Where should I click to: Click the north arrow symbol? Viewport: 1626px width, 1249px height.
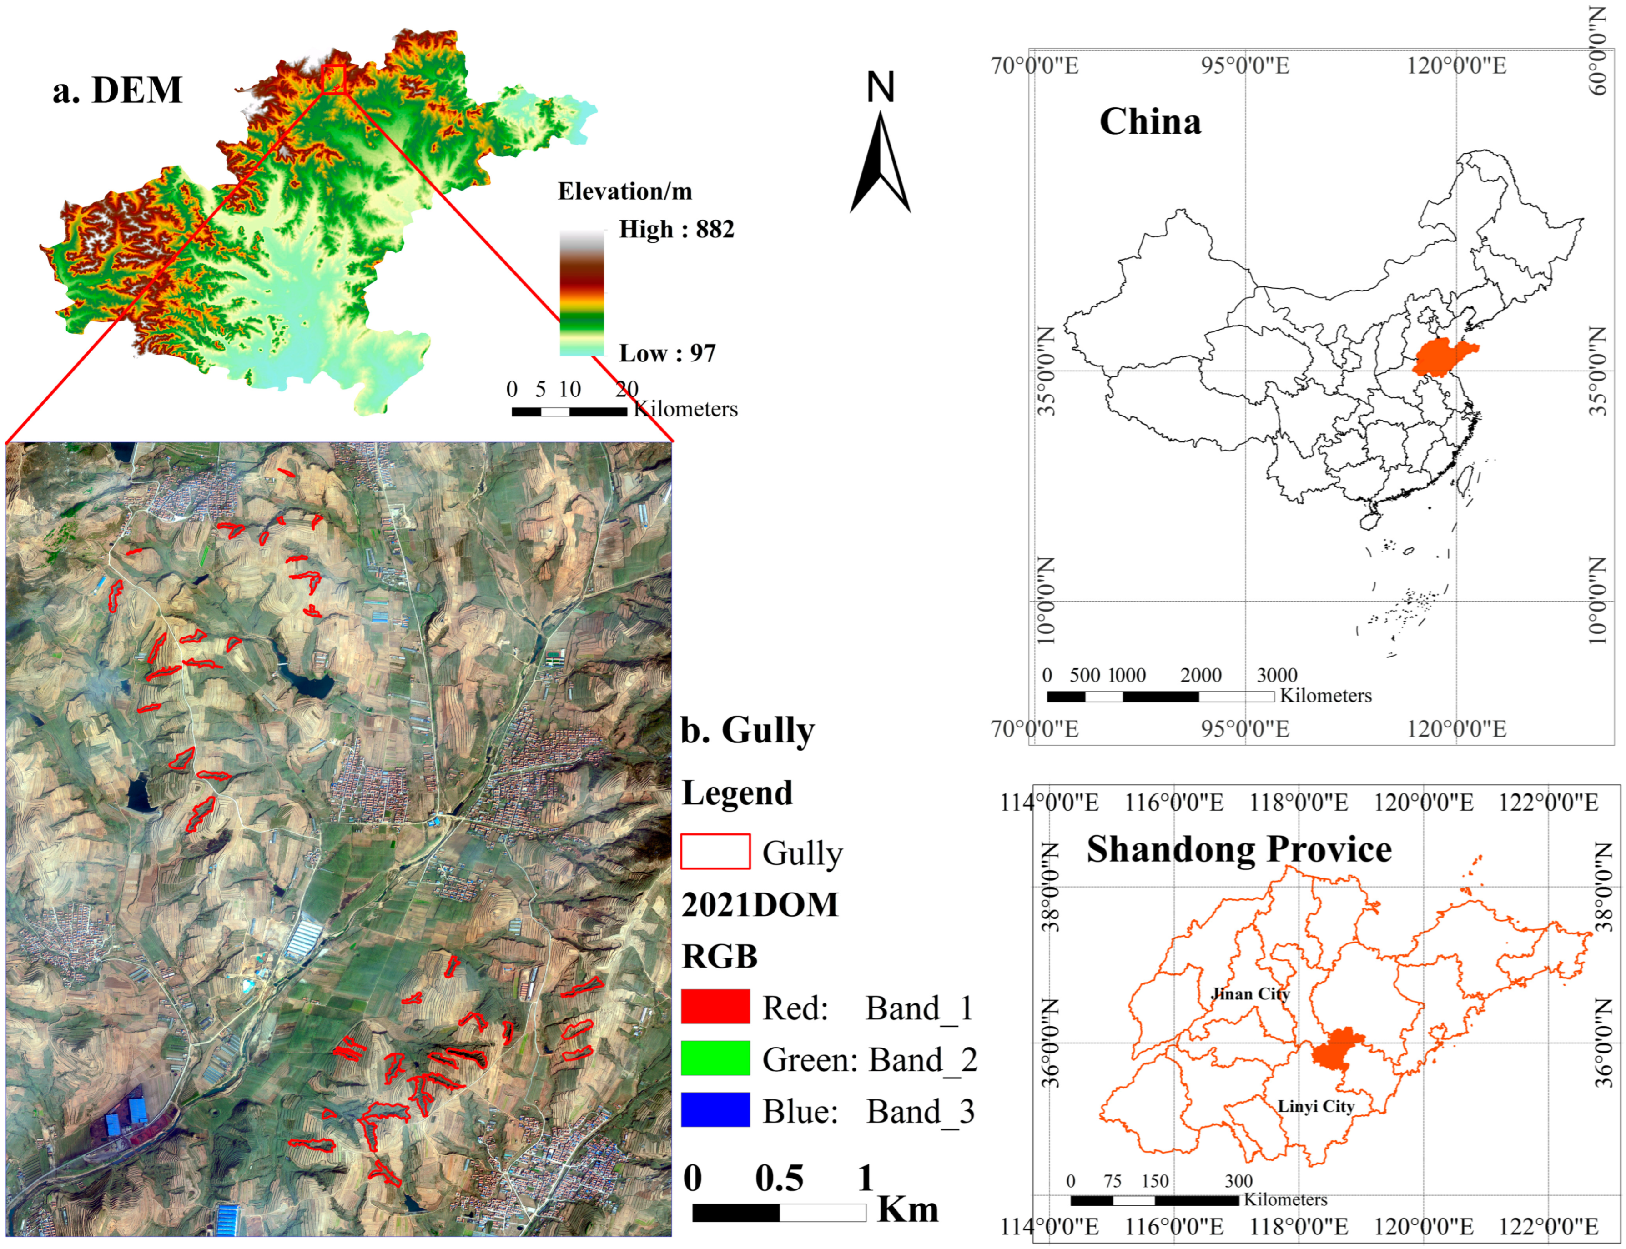tap(880, 160)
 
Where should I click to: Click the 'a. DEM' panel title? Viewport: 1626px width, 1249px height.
tap(117, 90)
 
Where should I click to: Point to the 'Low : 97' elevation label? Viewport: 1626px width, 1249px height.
tap(667, 353)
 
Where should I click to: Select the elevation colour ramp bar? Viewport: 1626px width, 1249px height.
tap(581, 292)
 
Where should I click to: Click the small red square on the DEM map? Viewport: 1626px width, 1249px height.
tap(335, 79)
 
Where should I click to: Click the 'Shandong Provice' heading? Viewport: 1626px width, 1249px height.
tap(1238, 849)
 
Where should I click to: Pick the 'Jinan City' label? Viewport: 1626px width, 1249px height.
tap(1250, 994)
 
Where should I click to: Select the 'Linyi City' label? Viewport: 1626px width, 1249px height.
tap(1316, 1106)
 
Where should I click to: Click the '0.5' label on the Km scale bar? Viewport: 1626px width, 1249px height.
tap(779, 1179)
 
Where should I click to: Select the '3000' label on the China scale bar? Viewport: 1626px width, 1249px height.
tap(1277, 675)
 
